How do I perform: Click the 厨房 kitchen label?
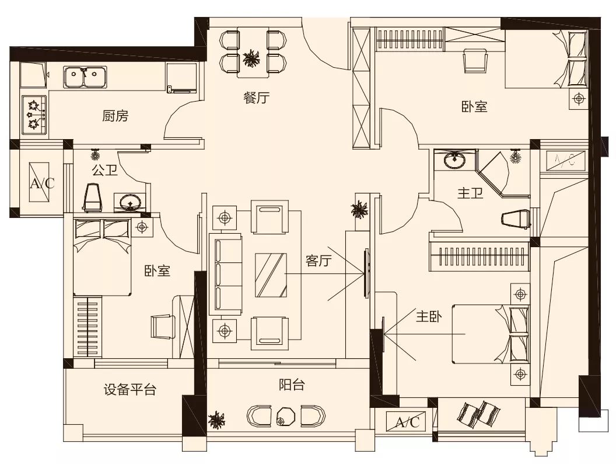[x=115, y=116]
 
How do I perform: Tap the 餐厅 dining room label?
[x=257, y=98]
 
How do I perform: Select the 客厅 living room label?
[x=318, y=261]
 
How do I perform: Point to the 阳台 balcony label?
[x=292, y=385]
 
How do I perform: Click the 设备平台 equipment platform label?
[x=130, y=390]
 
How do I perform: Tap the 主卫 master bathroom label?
[x=470, y=193]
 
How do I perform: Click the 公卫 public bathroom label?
[x=105, y=170]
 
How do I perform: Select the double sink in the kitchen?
[x=86, y=77]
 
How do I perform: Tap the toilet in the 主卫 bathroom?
[x=516, y=219]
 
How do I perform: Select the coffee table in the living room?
[x=271, y=275]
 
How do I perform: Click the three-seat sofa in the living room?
[x=225, y=274]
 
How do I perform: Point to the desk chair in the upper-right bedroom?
[x=475, y=60]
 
